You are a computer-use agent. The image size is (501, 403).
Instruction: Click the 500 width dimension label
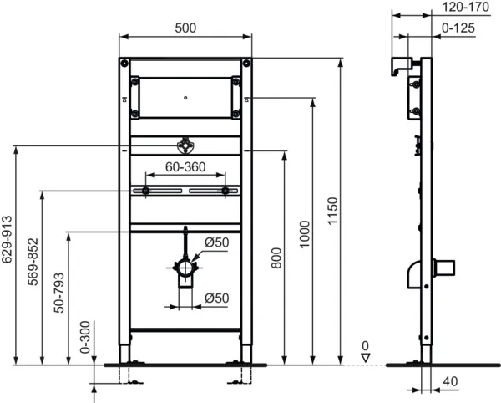(185, 28)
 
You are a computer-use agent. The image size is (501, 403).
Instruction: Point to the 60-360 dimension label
(185, 167)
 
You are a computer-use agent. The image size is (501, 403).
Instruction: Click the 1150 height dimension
(331, 209)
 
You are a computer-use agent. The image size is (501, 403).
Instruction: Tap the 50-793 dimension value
(58, 292)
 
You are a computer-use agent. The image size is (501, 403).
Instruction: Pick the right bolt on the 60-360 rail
(225, 192)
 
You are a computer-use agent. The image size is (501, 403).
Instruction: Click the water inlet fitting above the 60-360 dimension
(185, 146)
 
